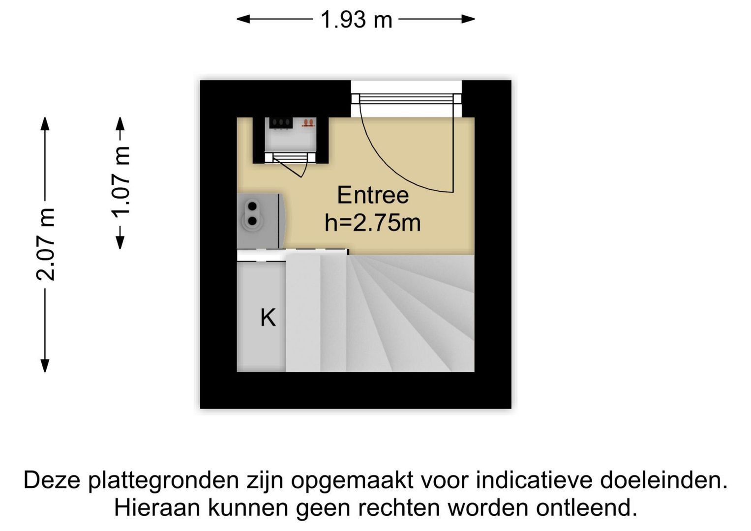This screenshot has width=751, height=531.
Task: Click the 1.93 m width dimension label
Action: coord(357,20)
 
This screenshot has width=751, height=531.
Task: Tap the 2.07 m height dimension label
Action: coord(45,244)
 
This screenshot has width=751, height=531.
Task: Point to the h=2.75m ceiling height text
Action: coord(372,223)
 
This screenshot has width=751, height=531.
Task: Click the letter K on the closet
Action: coord(268,317)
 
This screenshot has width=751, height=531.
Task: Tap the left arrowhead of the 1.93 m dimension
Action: coord(243,19)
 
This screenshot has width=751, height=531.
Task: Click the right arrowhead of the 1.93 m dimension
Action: coord(468,19)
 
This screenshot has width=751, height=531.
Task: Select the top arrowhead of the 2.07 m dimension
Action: coord(45,123)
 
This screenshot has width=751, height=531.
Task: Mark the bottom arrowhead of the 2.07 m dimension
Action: coord(45,365)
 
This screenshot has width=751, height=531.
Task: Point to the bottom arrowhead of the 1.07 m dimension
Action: coord(120,243)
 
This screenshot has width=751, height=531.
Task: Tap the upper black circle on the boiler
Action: coord(252,206)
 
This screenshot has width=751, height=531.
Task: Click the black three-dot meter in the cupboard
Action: coord(281,123)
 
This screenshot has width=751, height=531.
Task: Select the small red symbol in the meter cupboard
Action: coord(309,123)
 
